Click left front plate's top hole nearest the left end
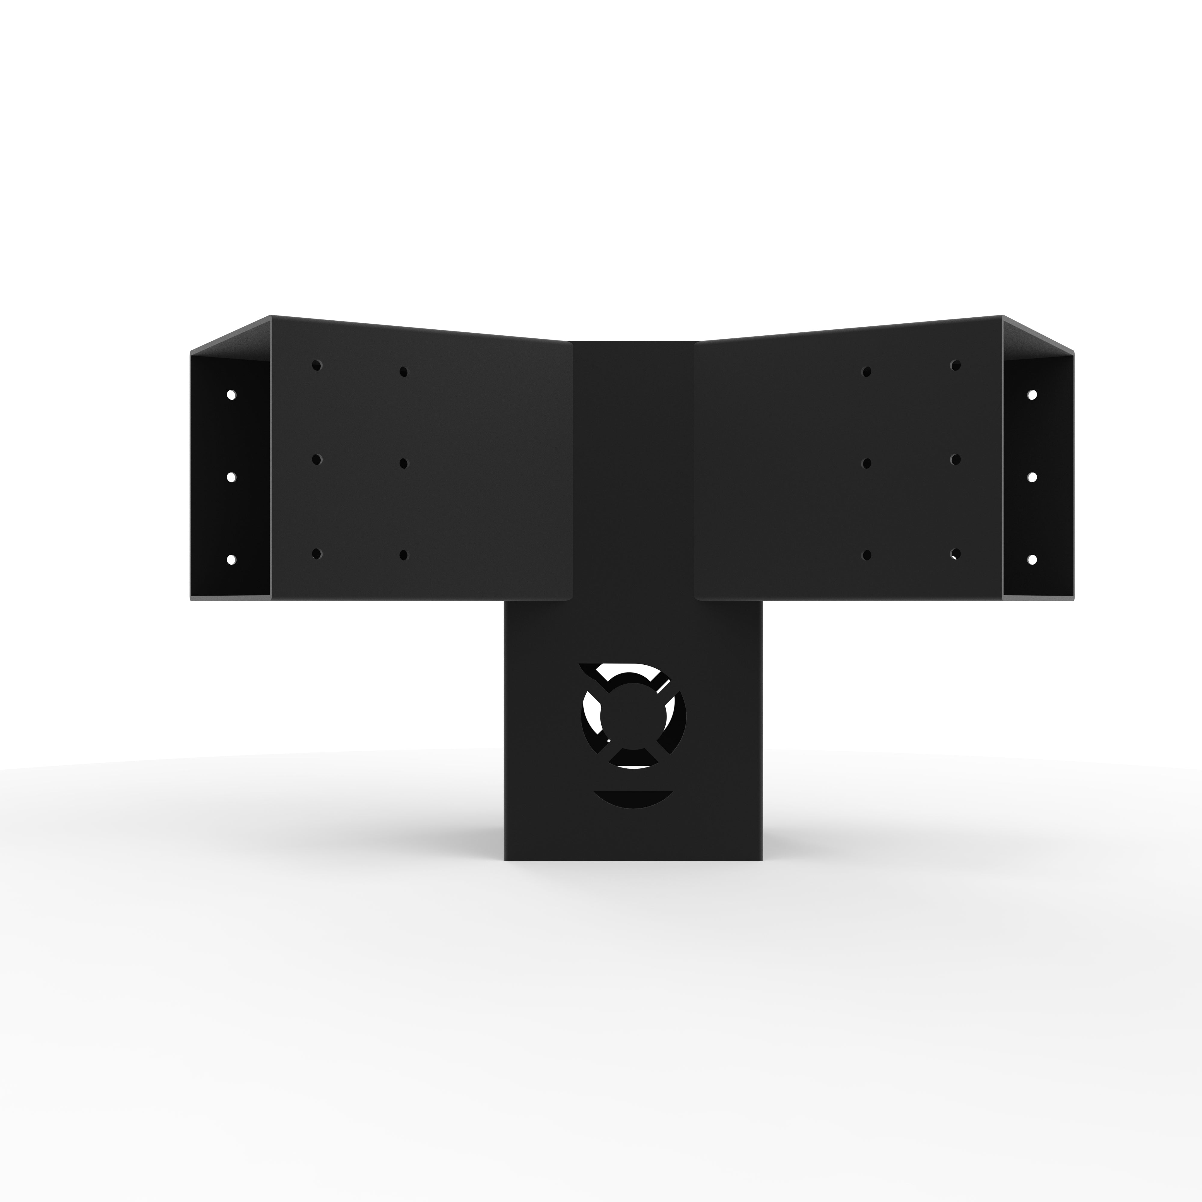tap(317, 365)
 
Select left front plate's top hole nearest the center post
tap(403, 372)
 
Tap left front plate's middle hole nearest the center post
tap(403, 463)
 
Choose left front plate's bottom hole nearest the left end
tap(317, 553)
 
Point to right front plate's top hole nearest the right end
tap(956, 365)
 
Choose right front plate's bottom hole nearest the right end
tap(956, 553)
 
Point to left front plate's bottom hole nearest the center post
tap(403, 554)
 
